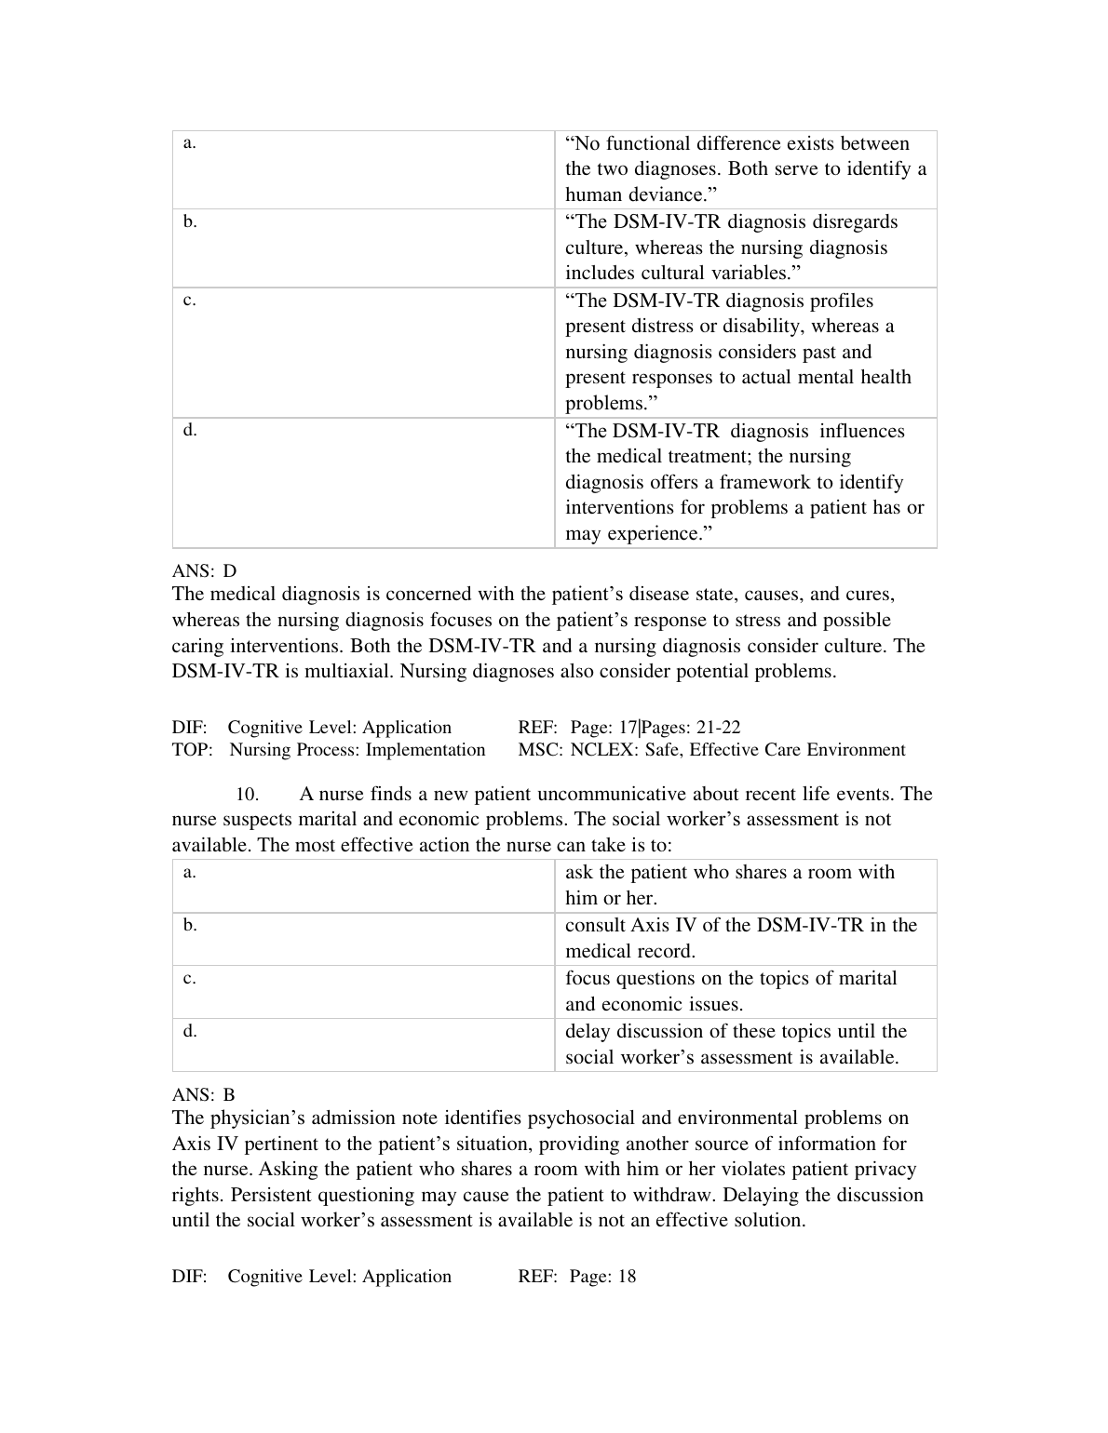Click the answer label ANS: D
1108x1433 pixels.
[204, 570]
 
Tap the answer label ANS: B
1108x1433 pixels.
[203, 1095]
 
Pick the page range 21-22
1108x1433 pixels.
[719, 728]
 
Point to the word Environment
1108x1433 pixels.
[856, 750]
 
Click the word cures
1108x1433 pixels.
[870, 595]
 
